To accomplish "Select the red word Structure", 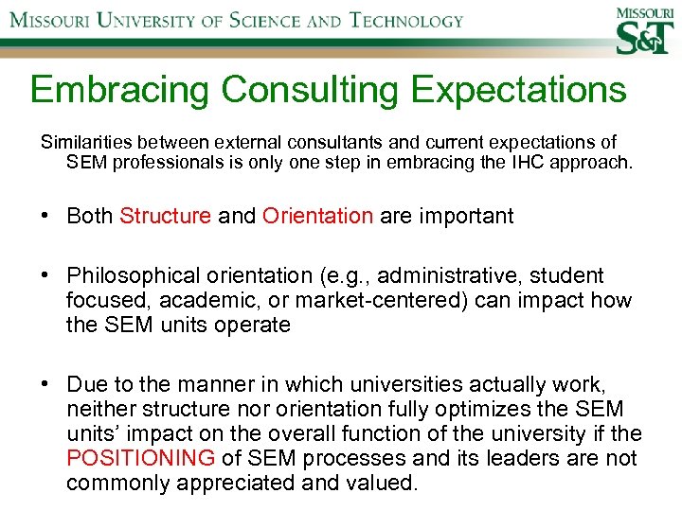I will (165, 216).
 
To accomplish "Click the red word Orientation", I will (317, 216).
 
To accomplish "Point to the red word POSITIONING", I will (141, 459).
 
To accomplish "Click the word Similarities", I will (82, 143).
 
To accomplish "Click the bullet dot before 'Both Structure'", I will (45, 216).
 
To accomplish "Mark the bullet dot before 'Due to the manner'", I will (45, 385).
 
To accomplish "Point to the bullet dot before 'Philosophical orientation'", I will (45, 276).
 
